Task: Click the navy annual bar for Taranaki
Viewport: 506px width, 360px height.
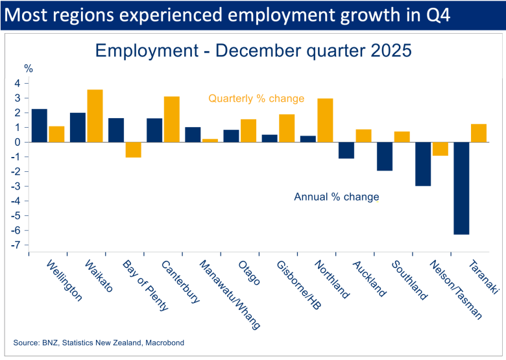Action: (461, 188)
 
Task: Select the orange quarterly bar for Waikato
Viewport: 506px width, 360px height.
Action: (95, 115)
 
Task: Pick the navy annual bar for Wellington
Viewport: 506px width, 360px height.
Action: (40, 125)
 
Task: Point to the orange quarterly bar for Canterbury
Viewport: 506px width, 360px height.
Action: (171, 119)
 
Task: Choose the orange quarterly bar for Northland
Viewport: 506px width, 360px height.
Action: (325, 120)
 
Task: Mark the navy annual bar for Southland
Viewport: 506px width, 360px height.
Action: (385, 156)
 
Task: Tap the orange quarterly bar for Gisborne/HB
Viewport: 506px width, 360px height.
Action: (287, 128)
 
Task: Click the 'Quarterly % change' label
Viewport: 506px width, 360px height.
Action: (256, 99)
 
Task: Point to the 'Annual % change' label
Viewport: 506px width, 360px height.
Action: (337, 197)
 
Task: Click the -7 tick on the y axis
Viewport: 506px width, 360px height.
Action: (19, 245)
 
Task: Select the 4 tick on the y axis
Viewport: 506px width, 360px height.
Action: (20, 83)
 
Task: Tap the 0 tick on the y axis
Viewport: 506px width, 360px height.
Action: (20, 142)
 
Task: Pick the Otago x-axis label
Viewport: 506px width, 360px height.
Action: (249, 273)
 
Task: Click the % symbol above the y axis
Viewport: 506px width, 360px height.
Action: (28, 67)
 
